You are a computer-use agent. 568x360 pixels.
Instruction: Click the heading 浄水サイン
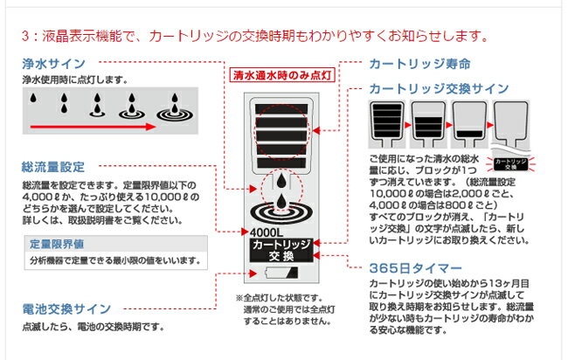(x=53, y=64)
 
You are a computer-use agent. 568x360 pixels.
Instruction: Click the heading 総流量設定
(x=53, y=165)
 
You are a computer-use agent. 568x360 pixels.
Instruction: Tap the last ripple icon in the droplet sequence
(x=172, y=108)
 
